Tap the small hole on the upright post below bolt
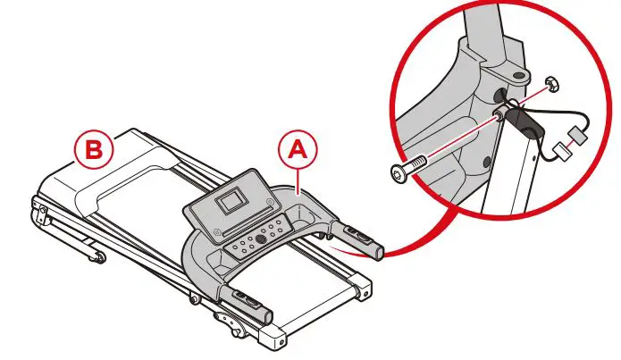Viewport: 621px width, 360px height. coord(486,162)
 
